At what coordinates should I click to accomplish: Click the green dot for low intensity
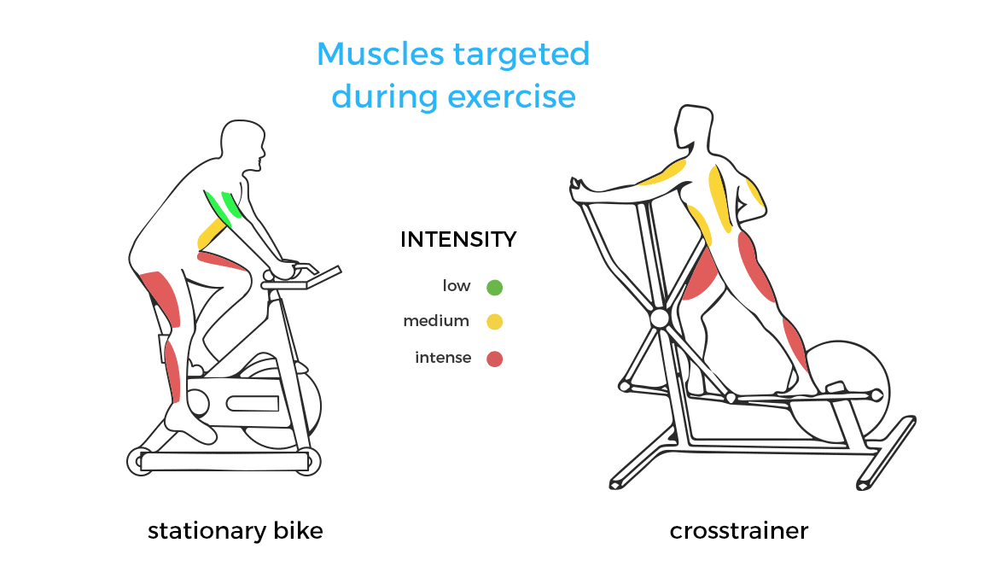coord(494,288)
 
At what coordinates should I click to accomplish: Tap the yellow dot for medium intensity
coord(494,322)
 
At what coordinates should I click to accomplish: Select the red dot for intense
coord(494,359)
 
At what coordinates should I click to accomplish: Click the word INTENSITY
coord(458,239)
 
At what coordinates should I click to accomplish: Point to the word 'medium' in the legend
coord(436,321)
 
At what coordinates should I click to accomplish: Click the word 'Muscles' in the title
coord(381,54)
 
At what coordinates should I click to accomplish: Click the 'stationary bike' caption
coord(236,531)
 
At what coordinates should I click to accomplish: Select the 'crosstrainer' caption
coord(739,531)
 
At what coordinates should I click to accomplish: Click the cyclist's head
coord(243,145)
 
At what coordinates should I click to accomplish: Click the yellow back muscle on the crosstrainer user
coord(719,198)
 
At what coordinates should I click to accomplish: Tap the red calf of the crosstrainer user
coord(795,343)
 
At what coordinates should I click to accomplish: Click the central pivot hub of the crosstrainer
coord(659,318)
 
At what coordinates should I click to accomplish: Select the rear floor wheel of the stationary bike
coord(140,461)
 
